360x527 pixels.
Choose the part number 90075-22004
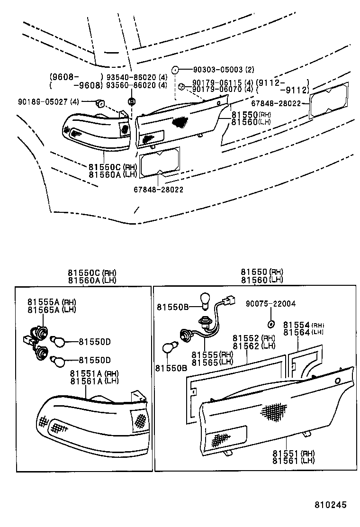click(270, 304)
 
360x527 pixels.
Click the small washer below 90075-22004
click(270, 324)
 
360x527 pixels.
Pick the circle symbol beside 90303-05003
click(174, 69)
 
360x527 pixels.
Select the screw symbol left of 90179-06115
click(181, 86)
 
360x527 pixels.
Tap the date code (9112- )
click(282, 82)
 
